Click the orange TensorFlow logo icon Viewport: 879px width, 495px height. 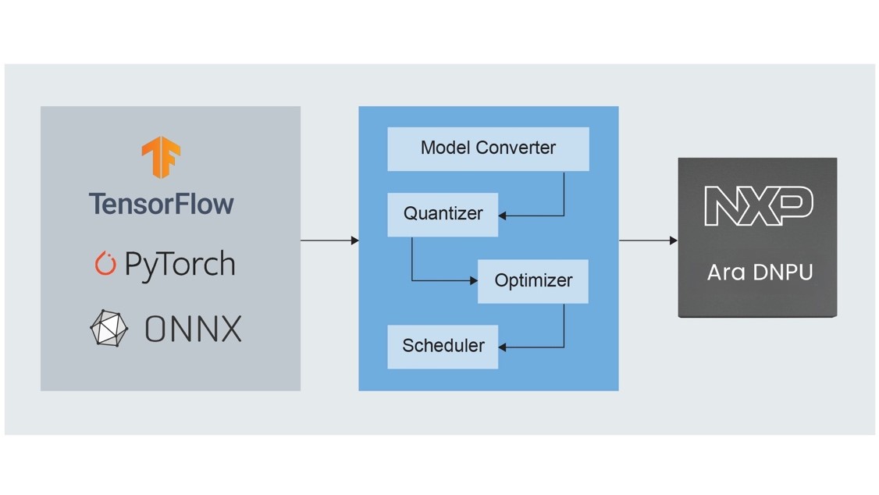[162, 156]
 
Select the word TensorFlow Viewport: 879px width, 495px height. [162, 204]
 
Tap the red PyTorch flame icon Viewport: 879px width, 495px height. [105, 264]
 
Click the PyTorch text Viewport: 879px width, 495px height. [180, 265]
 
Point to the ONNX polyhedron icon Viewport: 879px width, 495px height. [109, 328]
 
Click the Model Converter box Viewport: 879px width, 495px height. [488, 148]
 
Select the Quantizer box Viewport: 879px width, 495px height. [443, 214]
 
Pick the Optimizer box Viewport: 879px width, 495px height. [533, 281]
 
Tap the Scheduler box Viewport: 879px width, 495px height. [443, 346]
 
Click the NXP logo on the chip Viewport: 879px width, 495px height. [758, 206]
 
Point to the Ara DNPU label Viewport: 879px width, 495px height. [760, 272]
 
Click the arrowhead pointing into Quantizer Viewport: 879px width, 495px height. [503, 215]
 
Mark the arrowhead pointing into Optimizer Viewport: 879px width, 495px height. [473, 280]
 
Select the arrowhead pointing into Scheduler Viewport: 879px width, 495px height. [503, 347]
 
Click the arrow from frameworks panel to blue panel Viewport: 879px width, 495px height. [329, 240]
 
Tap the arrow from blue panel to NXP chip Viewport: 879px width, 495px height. [647, 240]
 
